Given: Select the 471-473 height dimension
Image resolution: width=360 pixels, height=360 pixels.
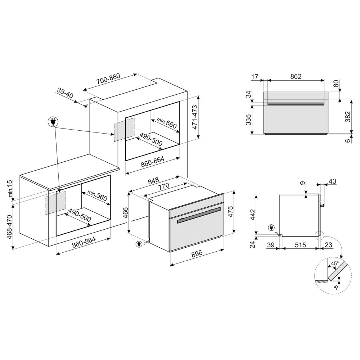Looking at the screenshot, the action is tap(194, 117).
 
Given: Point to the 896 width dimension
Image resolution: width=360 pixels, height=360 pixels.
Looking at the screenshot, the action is tap(197, 253).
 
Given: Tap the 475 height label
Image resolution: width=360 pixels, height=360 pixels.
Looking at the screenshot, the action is tap(230, 212).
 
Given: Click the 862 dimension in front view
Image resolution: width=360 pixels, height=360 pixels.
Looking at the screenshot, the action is tap(296, 76).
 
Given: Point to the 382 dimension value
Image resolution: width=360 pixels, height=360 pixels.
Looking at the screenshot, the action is tap(348, 116).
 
